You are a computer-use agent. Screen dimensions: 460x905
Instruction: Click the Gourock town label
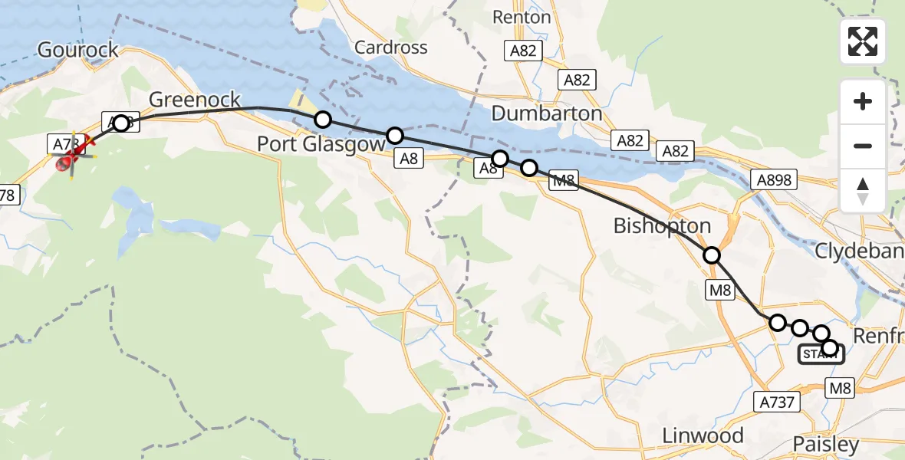[78, 51]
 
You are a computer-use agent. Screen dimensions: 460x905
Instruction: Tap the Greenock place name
[195, 100]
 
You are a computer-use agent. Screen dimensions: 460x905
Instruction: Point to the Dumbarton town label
[546, 113]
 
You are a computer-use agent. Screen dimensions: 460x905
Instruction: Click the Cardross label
[391, 48]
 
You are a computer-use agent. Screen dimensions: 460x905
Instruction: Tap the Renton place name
[522, 17]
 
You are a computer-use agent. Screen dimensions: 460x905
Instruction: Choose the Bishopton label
[662, 226]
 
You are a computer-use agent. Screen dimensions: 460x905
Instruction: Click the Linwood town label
[703, 436]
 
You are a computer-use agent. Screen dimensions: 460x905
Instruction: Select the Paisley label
[825, 445]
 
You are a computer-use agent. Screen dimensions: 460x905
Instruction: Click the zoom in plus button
[863, 101]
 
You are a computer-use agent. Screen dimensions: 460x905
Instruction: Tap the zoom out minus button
[863, 146]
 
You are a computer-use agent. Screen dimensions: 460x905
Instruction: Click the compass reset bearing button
[863, 190]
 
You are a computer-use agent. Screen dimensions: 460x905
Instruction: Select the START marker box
[821, 354]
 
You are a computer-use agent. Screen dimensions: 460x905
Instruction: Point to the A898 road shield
[774, 180]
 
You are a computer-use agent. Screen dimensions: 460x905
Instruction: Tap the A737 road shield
[777, 402]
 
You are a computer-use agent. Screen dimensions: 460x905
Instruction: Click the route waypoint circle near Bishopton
[712, 255]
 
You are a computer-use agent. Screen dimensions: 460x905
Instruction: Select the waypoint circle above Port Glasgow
[323, 120]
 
